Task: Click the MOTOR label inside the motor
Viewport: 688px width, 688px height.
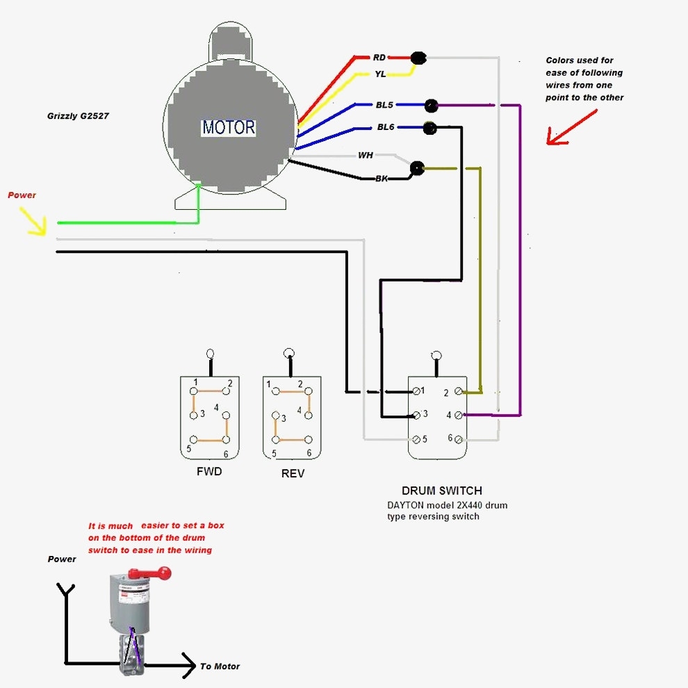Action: [229, 128]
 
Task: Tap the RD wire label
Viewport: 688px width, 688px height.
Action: [379, 58]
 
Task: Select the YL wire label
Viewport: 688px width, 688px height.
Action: [380, 74]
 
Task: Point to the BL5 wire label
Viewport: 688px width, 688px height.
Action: [385, 105]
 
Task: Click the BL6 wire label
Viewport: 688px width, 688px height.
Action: [386, 127]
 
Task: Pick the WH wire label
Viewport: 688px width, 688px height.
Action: [366, 155]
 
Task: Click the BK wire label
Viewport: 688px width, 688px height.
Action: [382, 179]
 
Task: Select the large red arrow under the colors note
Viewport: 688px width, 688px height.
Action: [570, 129]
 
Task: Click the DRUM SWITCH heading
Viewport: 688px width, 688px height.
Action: [441, 491]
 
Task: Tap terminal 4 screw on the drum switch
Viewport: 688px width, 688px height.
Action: [459, 415]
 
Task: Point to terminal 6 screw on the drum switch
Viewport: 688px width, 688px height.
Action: [459, 439]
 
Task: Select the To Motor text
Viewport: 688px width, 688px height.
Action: [220, 666]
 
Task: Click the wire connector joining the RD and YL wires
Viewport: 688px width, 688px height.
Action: [418, 58]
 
